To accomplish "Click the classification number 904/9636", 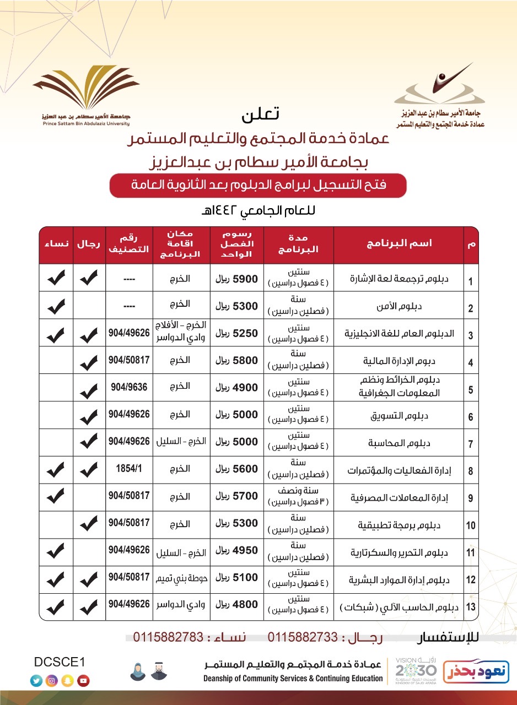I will tap(129, 387).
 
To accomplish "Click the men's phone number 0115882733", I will tap(303, 637).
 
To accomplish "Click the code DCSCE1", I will tap(60, 662).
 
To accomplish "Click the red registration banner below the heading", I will tap(258, 186).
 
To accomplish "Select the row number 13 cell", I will tap(471, 607).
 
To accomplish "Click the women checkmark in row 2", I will tap(56, 306).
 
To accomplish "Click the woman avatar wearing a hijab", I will tap(138, 671).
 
